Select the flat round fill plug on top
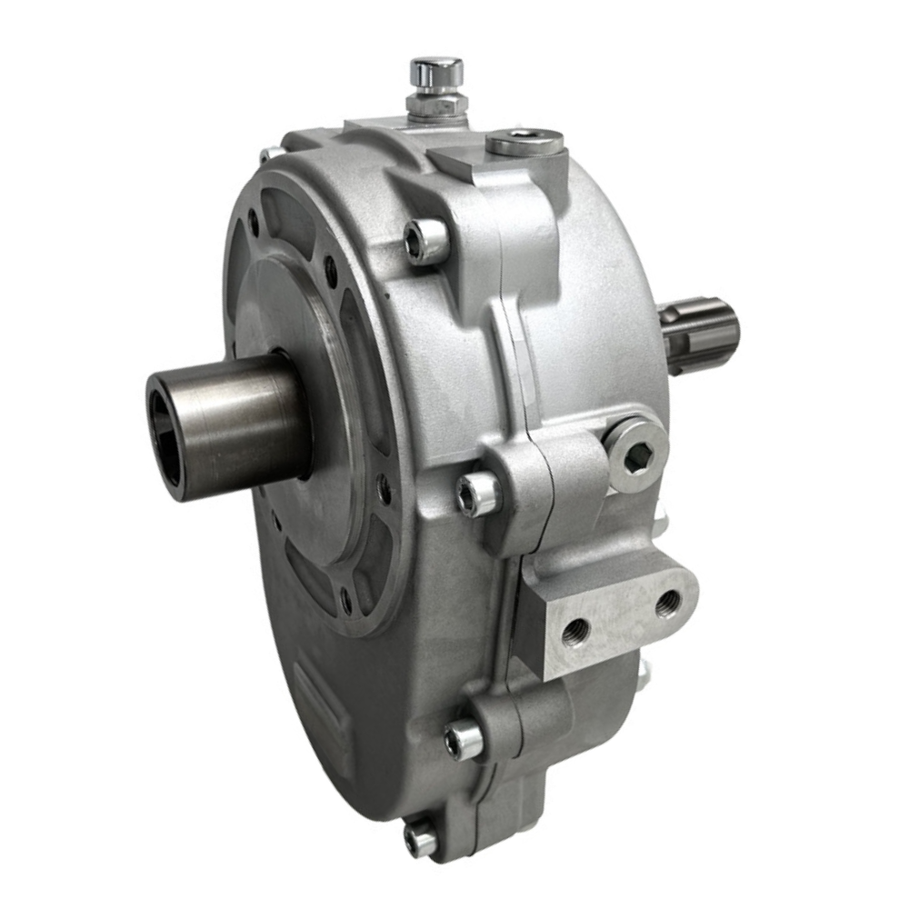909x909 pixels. (524, 142)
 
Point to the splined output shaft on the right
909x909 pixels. (702, 331)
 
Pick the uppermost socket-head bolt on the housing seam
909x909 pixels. (425, 242)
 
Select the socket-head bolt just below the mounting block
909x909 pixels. (464, 739)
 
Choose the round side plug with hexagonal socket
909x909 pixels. (635, 452)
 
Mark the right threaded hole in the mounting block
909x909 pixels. (667, 602)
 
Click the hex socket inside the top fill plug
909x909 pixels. (524, 140)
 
